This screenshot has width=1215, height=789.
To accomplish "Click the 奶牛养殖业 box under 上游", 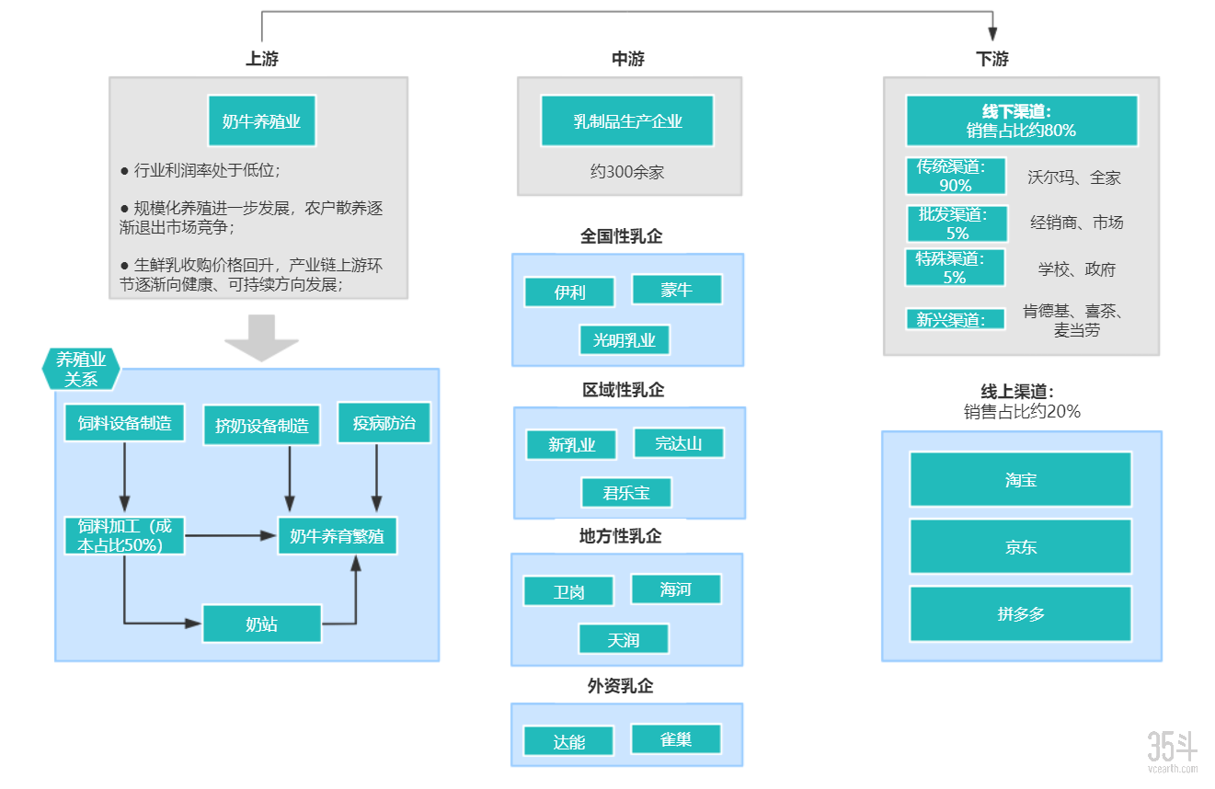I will click(261, 120).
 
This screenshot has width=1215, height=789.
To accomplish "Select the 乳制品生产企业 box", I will click(627, 120).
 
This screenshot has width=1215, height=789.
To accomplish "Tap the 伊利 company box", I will click(569, 292).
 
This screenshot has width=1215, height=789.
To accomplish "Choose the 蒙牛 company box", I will click(676, 290).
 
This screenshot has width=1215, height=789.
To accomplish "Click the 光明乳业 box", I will click(625, 340).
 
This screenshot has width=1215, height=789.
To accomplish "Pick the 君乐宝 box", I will click(625, 493).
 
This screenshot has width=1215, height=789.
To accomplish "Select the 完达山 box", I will click(678, 443).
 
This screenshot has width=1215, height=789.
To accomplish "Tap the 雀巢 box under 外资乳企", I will click(676, 738).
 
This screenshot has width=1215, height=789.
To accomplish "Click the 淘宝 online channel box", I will click(1020, 479).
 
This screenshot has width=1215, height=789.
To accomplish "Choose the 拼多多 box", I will click(1020, 613).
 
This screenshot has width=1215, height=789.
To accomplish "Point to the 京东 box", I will click(1020, 546).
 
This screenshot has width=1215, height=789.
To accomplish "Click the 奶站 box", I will click(262, 623).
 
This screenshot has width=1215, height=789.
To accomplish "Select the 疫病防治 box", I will click(384, 423).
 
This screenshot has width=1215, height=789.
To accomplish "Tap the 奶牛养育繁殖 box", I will click(337, 535).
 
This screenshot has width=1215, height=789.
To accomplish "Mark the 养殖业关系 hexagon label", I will click(81, 369).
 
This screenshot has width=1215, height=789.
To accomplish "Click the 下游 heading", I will click(991, 59).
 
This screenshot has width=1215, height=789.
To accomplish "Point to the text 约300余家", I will click(627, 171).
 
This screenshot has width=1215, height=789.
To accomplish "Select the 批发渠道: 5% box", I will click(955, 223).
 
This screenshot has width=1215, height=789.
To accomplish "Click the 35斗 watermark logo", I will click(1172, 750).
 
